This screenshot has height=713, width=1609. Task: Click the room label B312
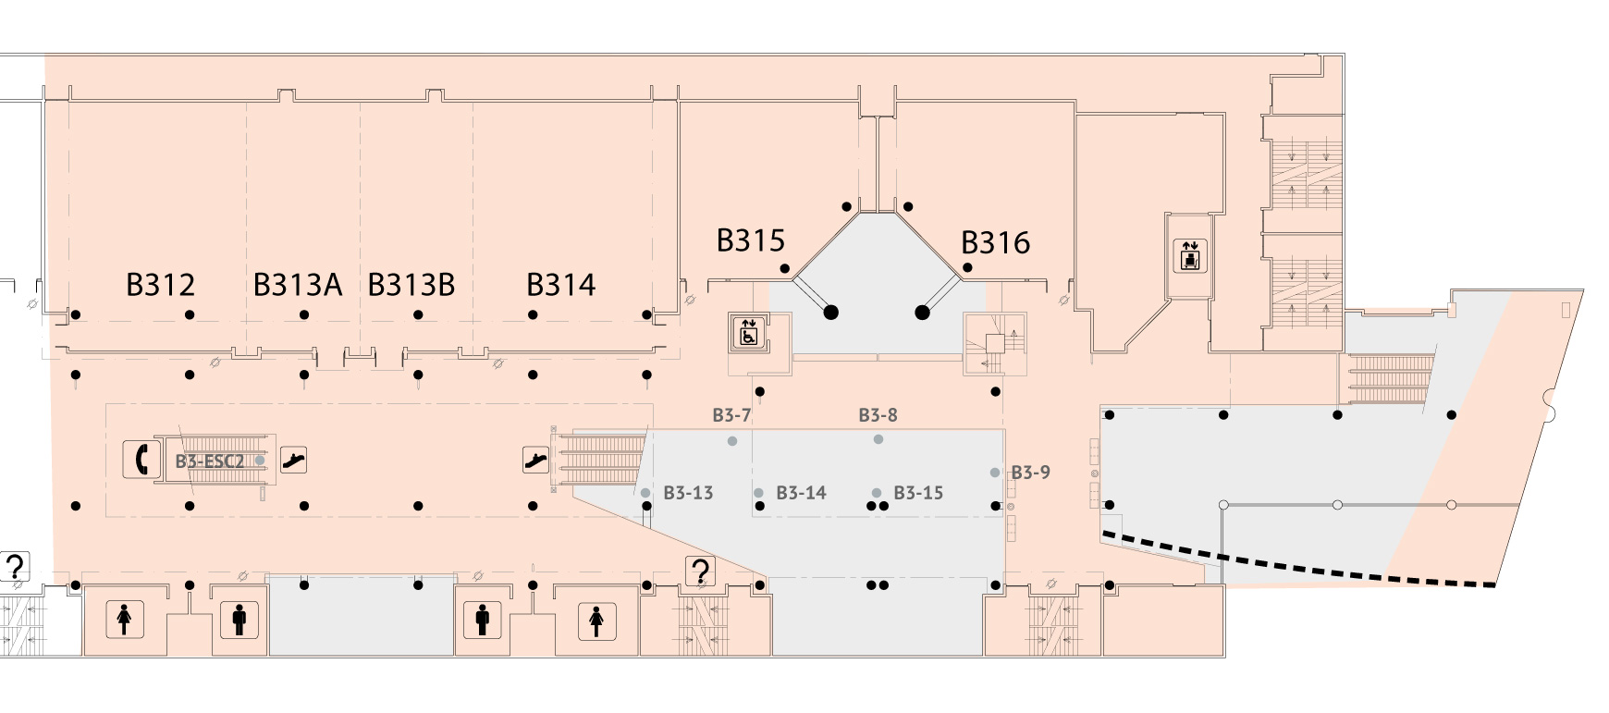pyautogui.click(x=160, y=285)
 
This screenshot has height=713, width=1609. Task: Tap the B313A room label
pyautogui.click(x=298, y=285)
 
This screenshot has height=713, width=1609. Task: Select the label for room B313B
pyautogui.click(x=411, y=285)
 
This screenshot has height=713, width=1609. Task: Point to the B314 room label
pyautogui.click(x=561, y=285)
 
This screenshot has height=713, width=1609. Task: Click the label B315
pyautogui.click(x=751, y=240)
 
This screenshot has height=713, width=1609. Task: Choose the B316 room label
pyautogui.click(x=996, y=242)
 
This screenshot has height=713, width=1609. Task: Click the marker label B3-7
pyautogui.click(x=731, y=415)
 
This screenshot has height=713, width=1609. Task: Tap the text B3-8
pyautogui.click(x=878, y=415)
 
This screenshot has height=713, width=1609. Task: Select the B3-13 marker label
pyautogui.click(x=688, y=493)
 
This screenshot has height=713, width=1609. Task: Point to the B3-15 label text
pyautogui.click(x=918, y=493)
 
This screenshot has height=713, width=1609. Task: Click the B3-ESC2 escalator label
pyautogui.click(x=210, y=461)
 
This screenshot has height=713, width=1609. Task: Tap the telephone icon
pyautogui.click(x=140, y=459)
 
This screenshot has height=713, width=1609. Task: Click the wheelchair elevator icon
pyautogui.click(x=748, y=332)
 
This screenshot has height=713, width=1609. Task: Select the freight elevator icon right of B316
pyautogui.click(x=1189, y=255)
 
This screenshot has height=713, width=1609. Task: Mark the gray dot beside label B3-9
pyautogui.click(x=995, y=473)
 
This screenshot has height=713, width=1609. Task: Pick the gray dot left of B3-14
pyautogui.click(x=759, y=493)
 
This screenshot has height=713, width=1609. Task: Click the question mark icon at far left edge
pyautogui.click(x=16, y=566)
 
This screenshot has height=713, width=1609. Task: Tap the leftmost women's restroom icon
pyautogui.click(x=124, y=620)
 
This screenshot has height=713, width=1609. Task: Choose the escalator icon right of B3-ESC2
pyautogui.click(x=293, y=460)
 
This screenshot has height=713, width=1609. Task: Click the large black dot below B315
pyautogui.click(x=831, y=313)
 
